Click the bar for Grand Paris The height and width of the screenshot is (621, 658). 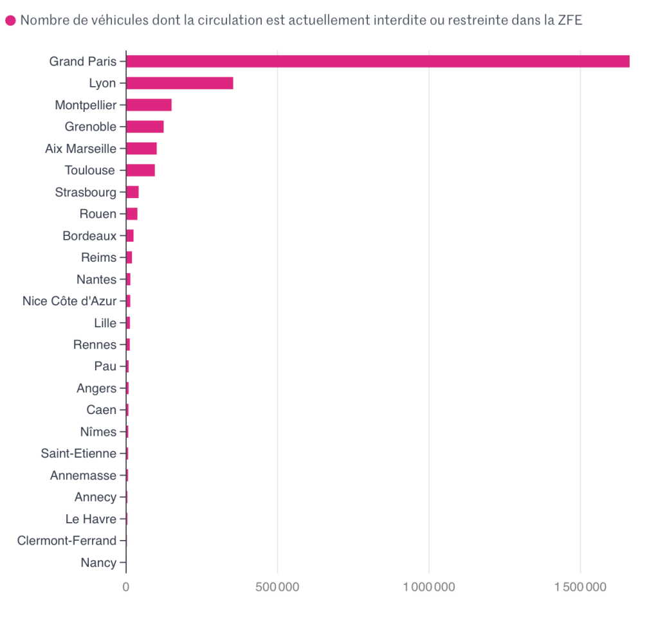(x=378, y=61)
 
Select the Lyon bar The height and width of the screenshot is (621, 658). (x=179, y=83)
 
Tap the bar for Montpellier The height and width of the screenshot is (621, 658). (x=149, y=105)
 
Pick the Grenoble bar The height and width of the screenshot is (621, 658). (x=145, y=127)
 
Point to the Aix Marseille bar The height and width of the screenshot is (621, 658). (x=142, y=148)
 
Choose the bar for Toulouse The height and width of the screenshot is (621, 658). (x=140, y=170)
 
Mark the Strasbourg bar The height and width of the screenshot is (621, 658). (x=133, y=192)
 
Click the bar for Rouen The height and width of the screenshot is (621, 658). (x=132, y=214)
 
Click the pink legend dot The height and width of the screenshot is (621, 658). (x=10, y=21)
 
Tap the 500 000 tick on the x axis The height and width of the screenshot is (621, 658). (x=277, y=587)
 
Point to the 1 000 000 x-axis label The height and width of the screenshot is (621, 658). (x=429, y=587)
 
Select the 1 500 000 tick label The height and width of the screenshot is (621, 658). (x=580, y=587)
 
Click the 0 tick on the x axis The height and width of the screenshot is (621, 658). (x=126, y=587)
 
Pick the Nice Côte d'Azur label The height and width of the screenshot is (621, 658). (x=69, y=301)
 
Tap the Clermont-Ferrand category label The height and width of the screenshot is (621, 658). (x=67, y=541)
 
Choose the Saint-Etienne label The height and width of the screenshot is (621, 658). (x=78, y=453)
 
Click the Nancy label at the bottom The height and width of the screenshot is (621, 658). (x=98, y=562)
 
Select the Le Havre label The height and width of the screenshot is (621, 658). (x=91, y=519)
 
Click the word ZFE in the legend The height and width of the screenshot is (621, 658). (x=570, y=20)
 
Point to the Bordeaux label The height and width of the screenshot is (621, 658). (x=89, y=236)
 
